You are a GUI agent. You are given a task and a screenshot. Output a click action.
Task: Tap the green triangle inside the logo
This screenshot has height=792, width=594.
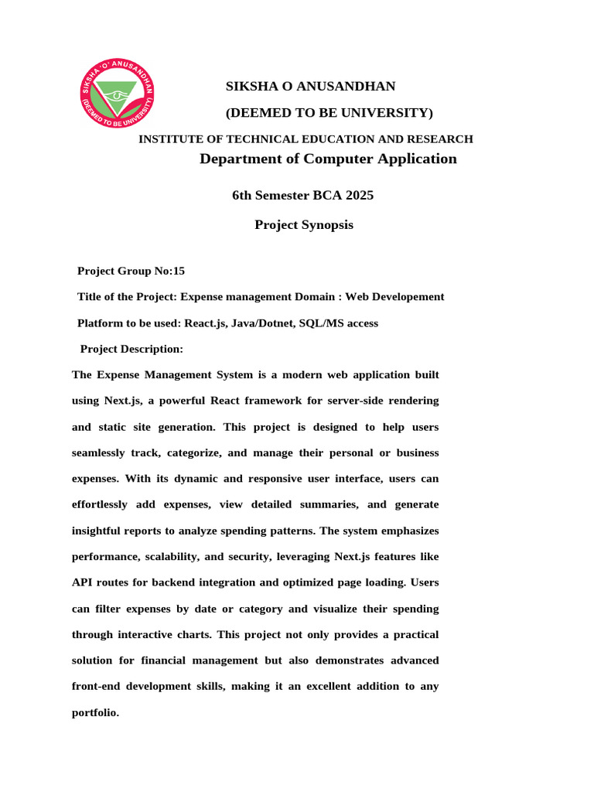118,92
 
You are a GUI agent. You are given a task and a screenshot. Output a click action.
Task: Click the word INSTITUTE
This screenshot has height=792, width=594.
171,139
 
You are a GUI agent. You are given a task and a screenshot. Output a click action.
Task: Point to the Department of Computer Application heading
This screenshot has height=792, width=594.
328,159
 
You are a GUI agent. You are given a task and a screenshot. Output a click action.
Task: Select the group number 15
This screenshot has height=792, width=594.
179,271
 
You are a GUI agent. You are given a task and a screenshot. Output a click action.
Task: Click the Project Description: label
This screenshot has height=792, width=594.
131,349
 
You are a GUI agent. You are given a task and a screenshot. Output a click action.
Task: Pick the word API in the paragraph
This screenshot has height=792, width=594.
83,582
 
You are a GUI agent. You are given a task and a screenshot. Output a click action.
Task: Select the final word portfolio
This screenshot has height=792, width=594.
95,712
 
